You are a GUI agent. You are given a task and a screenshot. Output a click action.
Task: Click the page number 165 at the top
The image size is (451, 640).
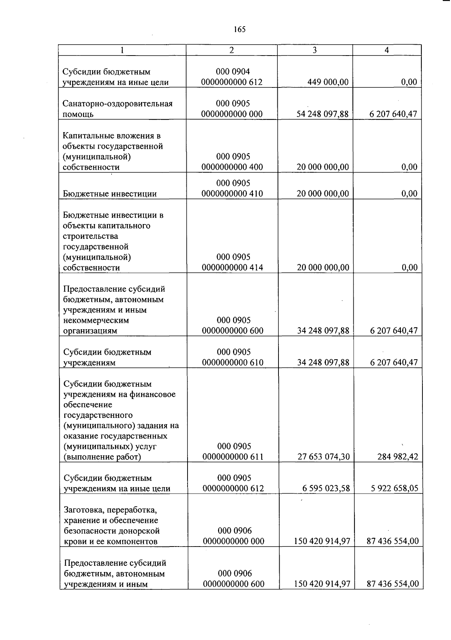[x=239, y=29]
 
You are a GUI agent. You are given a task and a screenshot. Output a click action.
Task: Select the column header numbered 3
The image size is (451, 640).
[x=315, y=50]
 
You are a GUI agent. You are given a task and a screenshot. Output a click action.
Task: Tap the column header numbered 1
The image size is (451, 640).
[x=122, y=50]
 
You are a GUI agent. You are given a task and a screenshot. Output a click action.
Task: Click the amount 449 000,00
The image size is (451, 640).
[x=328, y=82]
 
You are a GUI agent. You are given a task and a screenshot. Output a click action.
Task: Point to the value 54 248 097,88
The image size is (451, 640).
[x=322, y=114]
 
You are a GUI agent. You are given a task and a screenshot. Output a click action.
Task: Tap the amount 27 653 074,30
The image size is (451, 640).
[x=324, y=457]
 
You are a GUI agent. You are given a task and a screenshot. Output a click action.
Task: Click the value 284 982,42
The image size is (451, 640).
[x=398, y=457]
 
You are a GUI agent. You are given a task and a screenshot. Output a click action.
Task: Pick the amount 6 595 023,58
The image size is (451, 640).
[x=326, y=488]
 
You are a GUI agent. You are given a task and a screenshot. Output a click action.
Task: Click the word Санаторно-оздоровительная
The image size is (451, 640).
[x=118, y=104]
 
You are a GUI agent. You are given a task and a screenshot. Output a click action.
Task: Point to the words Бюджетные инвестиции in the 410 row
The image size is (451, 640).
[x=110, y=194]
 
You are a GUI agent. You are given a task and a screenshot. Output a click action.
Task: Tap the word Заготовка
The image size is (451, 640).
[x=83, y=510]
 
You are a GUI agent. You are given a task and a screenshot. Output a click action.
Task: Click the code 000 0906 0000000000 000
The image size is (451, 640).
[x=233, y=536]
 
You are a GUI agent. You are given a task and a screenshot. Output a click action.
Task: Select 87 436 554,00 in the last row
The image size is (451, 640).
[x=393, y=584]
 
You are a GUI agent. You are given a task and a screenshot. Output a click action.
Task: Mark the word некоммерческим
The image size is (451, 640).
[x=96, y=321]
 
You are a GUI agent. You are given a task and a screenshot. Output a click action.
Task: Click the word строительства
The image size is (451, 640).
[x=91, y=236]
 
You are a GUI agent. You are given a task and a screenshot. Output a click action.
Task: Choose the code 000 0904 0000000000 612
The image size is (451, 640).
[x=232, y=77]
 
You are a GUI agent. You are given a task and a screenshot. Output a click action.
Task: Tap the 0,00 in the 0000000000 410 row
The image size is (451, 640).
[x=409, y=194]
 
